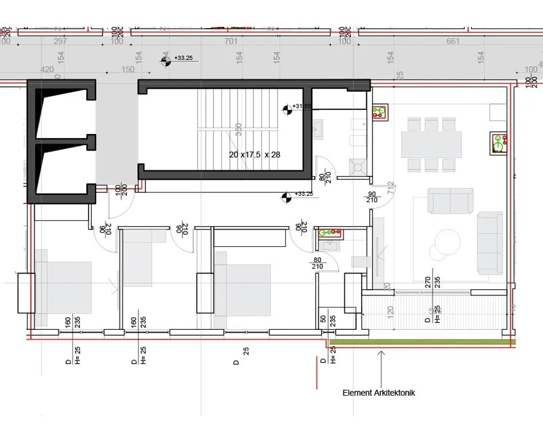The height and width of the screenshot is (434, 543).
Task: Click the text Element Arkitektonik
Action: pyautogui.click(x=378, y=393)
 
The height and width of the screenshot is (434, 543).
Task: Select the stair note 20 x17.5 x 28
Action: pyautogui.click(x=254, y=155)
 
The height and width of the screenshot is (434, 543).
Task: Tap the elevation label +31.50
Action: pyautogui.click(x=302, y=106)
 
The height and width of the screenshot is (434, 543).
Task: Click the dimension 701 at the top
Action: pyautogui.click(x=231, y=41)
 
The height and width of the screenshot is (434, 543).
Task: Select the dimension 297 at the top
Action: pyautogui.click(x=60, y=41)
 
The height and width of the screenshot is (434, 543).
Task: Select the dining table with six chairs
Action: pyautogui.click(x=431, y=145)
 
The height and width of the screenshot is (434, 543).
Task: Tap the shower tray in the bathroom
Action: pyautogui.click(x=359, y=167)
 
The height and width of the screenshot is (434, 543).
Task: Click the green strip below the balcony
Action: pyautogui.click(x=423, y=342)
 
